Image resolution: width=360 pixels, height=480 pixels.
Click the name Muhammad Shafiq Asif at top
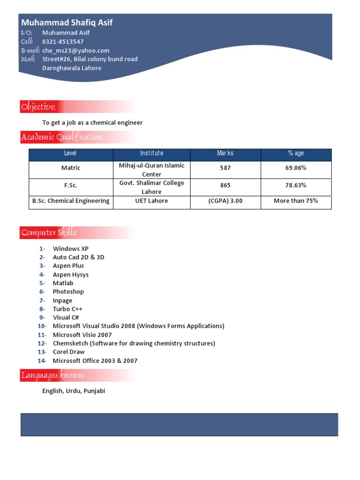(67, 22)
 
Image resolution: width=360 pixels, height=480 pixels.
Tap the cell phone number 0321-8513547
(63, 42)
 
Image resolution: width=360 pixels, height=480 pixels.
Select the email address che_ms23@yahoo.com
(75, 51)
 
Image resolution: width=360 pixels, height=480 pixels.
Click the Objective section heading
(38, 107)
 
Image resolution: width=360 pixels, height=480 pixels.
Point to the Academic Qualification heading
(61, 137)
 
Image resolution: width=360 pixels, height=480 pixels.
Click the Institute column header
(151, 153)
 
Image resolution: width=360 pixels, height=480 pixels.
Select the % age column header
(296, 153)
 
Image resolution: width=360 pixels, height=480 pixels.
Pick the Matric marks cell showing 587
(225, 168)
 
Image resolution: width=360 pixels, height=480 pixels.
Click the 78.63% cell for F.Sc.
(296, 185)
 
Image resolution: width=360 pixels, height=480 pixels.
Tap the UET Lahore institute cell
(151, 201)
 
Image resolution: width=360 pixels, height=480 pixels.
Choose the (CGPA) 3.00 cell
(225, 201)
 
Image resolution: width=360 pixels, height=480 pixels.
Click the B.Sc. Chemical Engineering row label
(71, 201)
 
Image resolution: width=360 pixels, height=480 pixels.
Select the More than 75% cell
(296, 201)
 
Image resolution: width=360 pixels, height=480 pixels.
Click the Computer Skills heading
(49, 233)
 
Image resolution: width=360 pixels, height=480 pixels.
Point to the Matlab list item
(63, 283)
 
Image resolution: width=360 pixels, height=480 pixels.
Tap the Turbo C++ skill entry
(67, 309)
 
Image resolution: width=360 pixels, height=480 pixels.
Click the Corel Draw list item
(68, 352)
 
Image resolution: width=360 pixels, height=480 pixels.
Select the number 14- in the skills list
(42, 361)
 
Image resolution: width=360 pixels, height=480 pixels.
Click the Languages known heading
(52, 375)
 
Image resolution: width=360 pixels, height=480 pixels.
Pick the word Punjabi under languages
(94, 391)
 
